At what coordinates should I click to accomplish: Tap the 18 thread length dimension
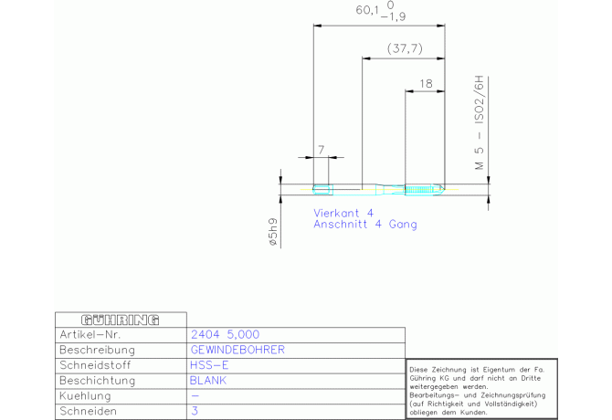426,83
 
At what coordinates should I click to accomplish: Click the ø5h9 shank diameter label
272,233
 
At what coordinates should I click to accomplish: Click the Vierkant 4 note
343,213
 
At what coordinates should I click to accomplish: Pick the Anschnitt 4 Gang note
365,225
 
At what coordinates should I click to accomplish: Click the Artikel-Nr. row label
90,334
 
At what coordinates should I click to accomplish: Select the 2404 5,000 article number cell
225,334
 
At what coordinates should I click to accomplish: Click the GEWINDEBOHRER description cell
237,350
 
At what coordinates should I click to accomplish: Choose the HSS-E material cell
209,365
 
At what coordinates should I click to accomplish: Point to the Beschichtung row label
96,381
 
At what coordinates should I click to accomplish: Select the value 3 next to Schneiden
195,412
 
